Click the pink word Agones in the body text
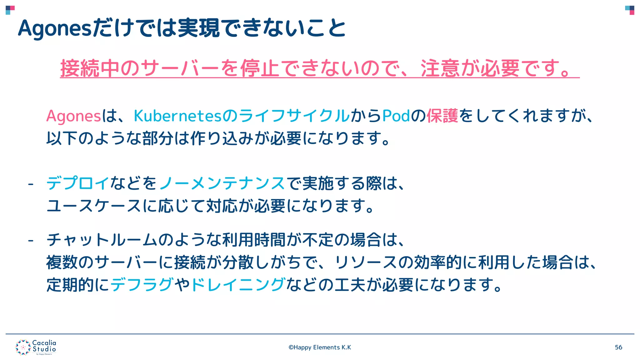pyautogui.click(x=73, y=116)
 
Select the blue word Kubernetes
pyautogui.click(x=177, y=116)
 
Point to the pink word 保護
pyautogui.click(x=442, y=116)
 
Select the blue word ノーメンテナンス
pyautogui.click(x=222, y=183)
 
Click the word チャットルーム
pyautogui.click(x=102, y=240)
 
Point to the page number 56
pyautogui.click(x=618, y=347)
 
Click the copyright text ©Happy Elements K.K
pyautogui.click(x=320, y=347)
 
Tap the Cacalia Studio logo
pyautogui.click(x=36, y=347)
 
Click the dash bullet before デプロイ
pyautogui.click(x=31, y=184)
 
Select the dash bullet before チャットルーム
pyautogui.click(x=31, y=241)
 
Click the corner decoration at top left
pyautogui.click(x=10, y=10)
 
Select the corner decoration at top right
pyautogui.click(x=630, y=10)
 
